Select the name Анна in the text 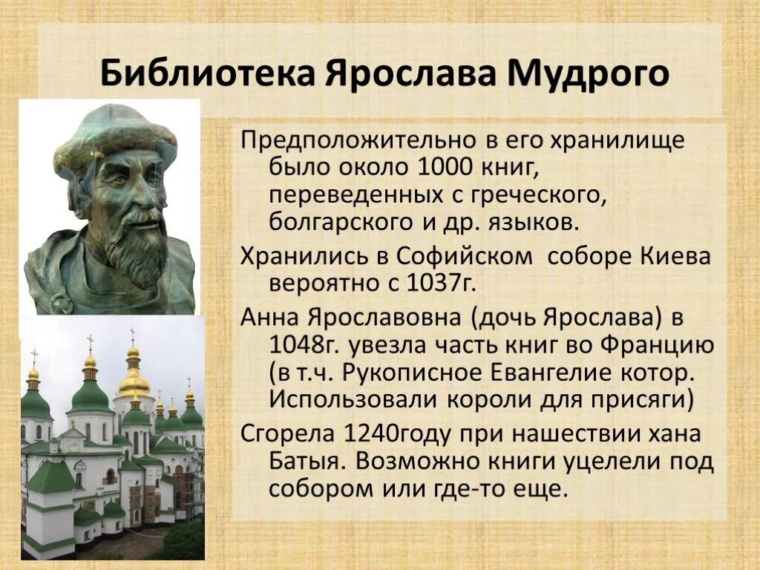(265, 317)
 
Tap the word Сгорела (286, 433)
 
